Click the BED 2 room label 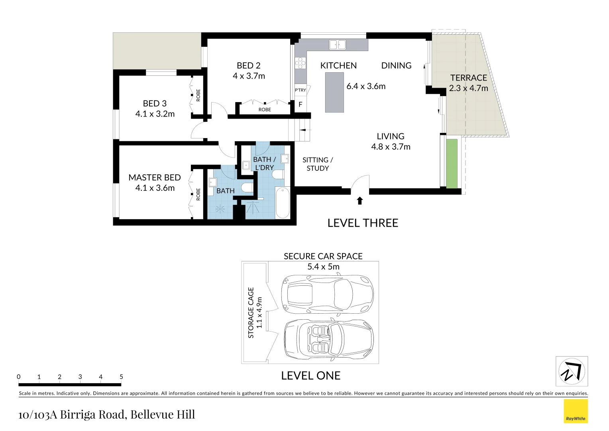point(248,65)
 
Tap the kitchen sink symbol point(337,45)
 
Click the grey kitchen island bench point(334,92)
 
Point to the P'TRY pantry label point(300,90)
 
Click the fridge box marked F point(300,105)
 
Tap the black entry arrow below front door point(360,201)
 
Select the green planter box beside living point(452,163)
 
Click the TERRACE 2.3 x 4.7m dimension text point(468,88)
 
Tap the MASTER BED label point(155,178)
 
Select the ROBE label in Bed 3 point(198,95)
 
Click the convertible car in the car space point(328,340)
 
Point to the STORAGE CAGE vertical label point(251,312)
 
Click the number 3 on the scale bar point(80,377)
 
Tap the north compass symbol point(572,372)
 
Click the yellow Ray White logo point(576,411)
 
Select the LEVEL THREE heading point(363,223)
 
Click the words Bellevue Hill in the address point(163,415)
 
